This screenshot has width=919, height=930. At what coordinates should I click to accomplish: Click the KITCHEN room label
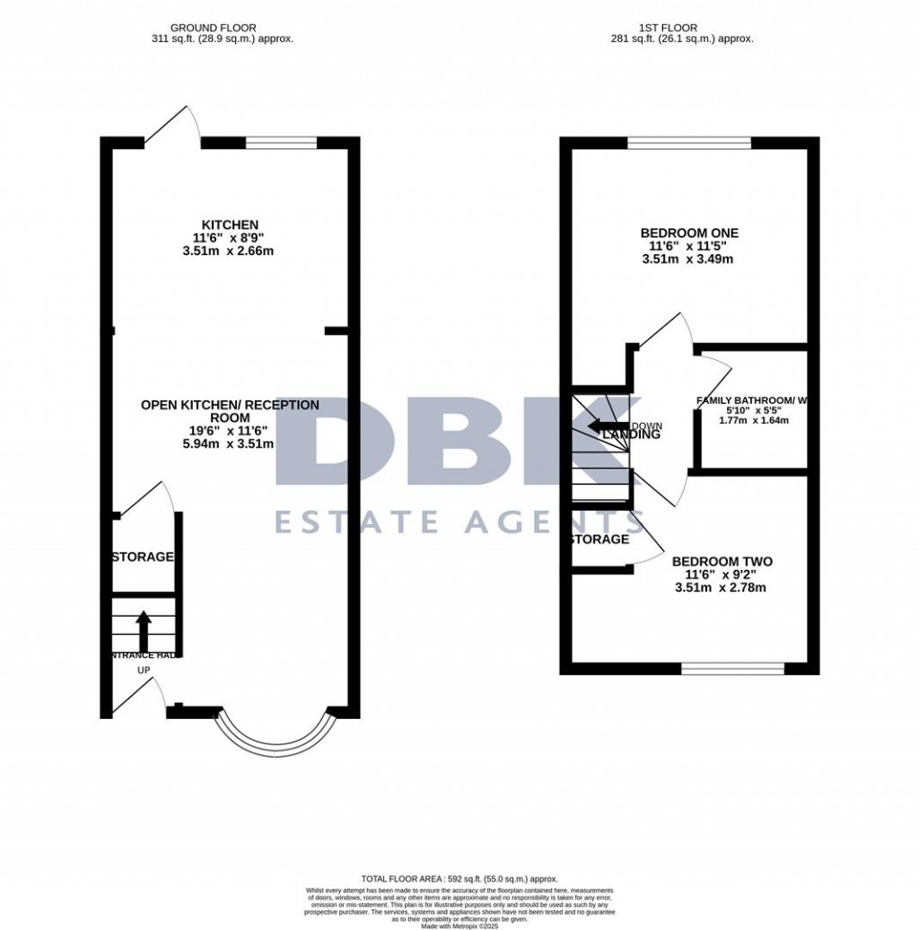click(230, 224)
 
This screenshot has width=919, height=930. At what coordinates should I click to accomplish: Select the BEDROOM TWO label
click(722, 562)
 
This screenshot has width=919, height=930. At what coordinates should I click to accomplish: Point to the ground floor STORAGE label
click(143, 557)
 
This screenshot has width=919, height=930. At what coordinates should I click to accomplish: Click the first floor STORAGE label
click(600, 540)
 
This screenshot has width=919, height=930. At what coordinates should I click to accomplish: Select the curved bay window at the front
click(274, 733)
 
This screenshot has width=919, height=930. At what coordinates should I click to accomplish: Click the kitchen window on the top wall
click(281, 142)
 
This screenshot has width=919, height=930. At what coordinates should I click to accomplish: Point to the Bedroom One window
click(689, 142)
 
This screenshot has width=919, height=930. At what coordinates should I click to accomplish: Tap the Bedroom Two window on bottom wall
click(732, 668)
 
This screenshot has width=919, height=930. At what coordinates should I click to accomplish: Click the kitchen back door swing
click(172, 126)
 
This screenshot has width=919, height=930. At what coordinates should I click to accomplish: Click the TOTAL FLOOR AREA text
click(459, 879)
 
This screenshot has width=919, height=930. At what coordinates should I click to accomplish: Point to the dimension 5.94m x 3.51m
click(230, 443)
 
